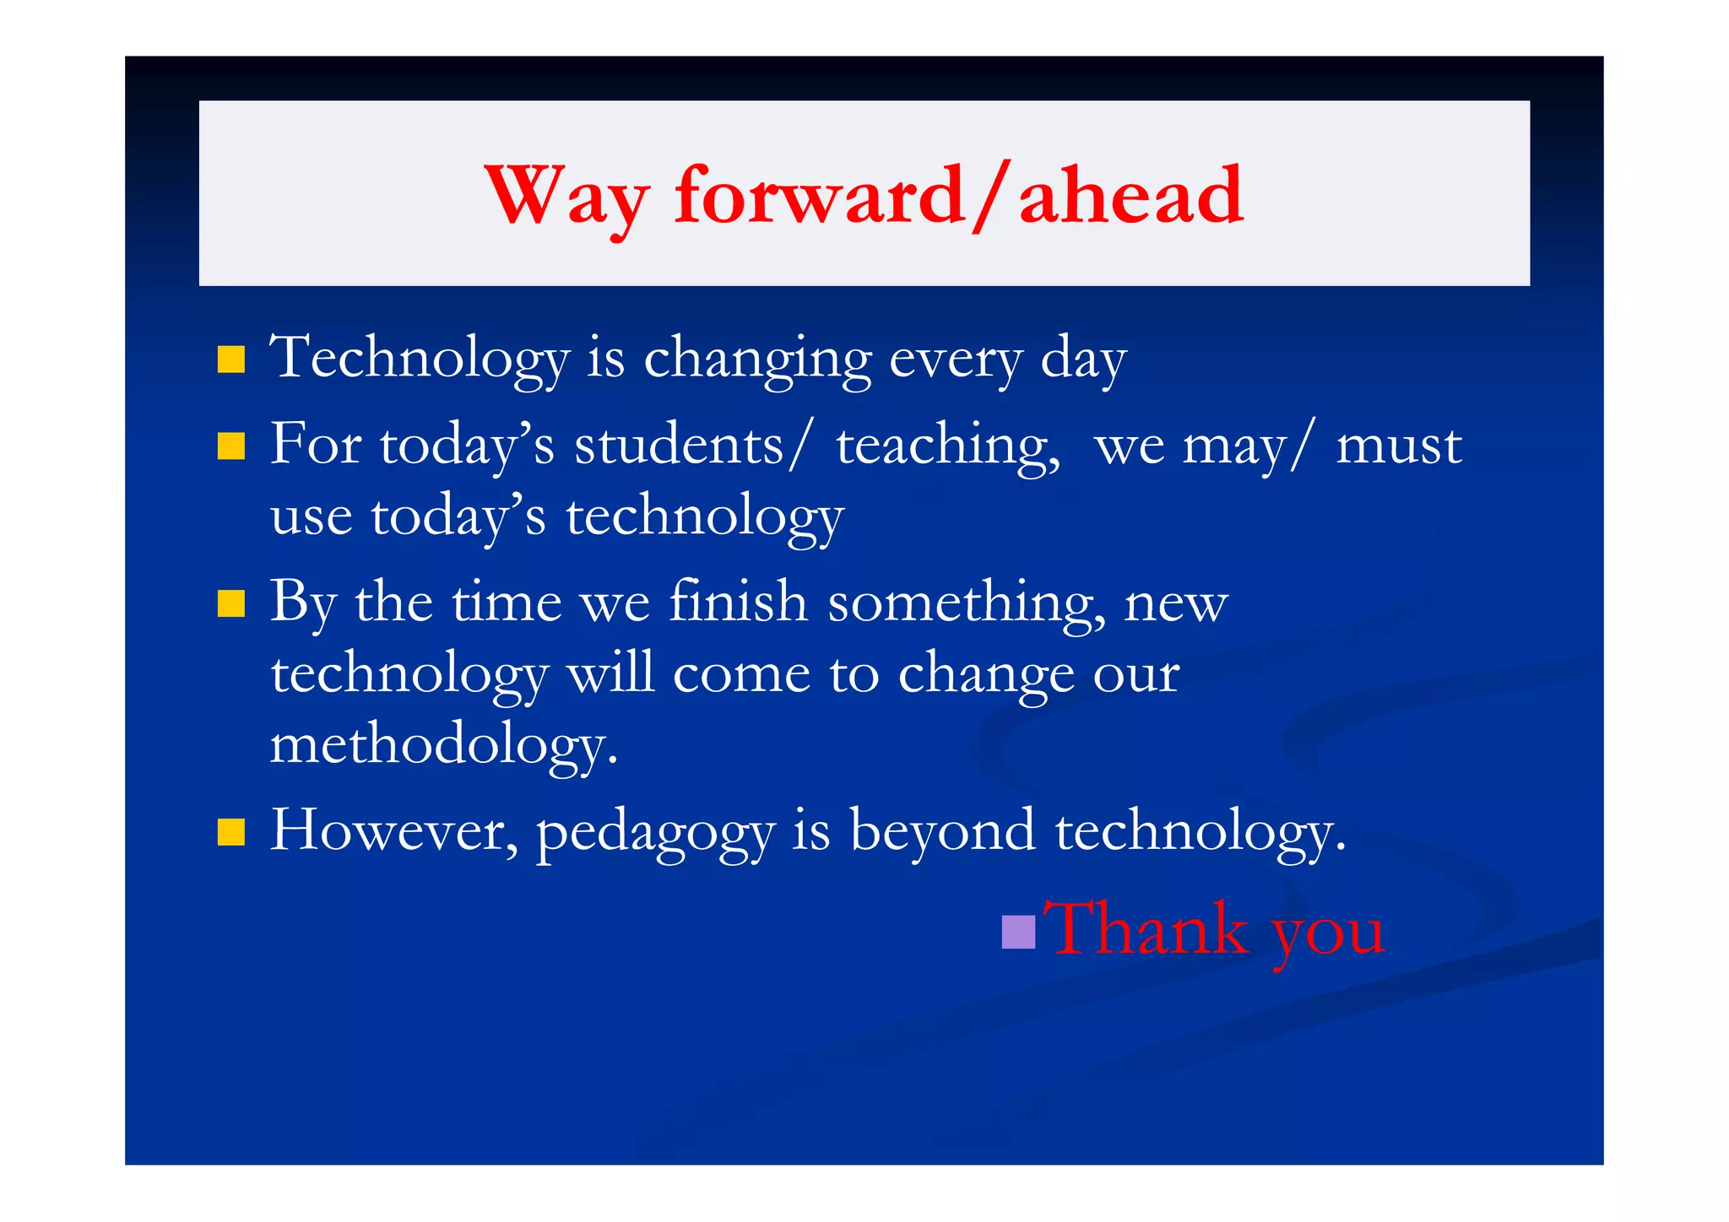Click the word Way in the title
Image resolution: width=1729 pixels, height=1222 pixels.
coord(567,196)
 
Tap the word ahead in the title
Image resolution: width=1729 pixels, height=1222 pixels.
coord(1130,196)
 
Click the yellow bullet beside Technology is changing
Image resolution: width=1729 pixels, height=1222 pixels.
coord(230,359)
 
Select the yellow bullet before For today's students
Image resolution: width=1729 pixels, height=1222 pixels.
coord(230,446)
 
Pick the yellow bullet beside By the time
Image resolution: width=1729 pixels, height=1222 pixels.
coord(230,603)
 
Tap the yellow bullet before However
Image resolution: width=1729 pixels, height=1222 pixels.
coord(230,832)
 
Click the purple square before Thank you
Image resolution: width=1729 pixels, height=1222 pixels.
coord(1018,932)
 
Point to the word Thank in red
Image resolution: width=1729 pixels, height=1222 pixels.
coord(1146,928)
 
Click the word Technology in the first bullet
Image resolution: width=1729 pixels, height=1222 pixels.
coord(420,359)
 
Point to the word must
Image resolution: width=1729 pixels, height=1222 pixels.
coord(1399,446)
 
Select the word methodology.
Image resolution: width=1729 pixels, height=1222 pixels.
coord(443,745)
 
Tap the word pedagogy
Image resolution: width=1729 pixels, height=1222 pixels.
coord(655,833)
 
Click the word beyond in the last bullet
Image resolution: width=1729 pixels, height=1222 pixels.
coord(942,831)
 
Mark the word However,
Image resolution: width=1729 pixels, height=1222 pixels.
coord(394,831)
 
